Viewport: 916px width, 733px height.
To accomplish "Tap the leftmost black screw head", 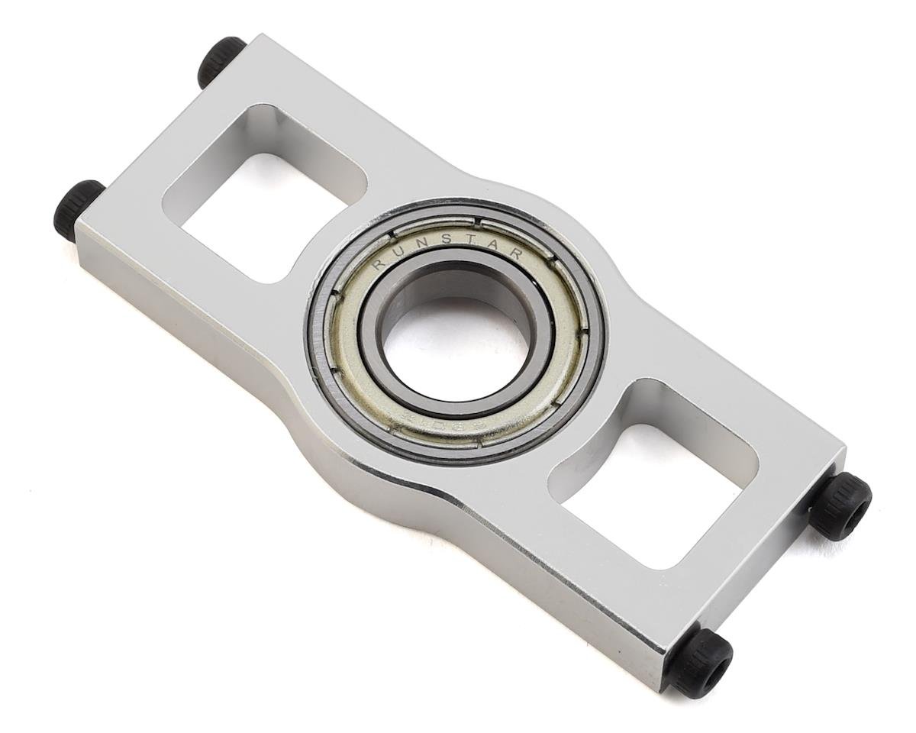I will click(x=78, y=209).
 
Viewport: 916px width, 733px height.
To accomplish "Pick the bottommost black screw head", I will click(x=700, y=661).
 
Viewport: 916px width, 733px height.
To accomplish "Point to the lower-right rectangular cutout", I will click(x=656, y=473).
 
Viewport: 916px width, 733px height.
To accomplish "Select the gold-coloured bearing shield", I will click(x=347, y=359).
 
